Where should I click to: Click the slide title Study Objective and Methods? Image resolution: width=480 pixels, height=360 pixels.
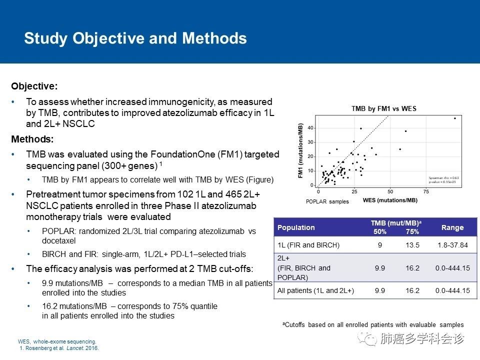coord(135,38)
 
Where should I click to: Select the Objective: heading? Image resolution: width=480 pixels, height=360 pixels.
coord(34,86)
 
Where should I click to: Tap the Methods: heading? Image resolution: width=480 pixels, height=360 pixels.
coord(32,138)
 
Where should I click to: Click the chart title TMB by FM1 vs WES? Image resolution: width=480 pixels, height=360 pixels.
coord(383,108)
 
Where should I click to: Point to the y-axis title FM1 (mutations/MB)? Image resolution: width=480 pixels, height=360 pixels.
coord(301,150)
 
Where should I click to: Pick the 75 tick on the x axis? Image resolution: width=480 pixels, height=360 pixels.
coord(426,191)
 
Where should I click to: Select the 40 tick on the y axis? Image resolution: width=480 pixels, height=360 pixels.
coord(310,128)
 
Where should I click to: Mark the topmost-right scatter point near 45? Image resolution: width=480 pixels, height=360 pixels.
coord(455,118)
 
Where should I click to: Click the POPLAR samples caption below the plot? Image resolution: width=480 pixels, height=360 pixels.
coord(327,201)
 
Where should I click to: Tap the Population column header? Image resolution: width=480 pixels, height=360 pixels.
coord(296,227)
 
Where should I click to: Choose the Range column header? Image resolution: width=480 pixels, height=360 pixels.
coord(452,227)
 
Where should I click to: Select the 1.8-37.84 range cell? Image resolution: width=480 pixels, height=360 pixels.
coord(452,245)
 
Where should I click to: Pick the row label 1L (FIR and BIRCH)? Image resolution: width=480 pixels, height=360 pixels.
coord(308,245)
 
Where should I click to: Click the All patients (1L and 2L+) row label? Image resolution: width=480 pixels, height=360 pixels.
coord(315,290)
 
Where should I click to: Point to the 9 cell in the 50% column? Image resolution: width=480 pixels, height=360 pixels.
coord(379,245)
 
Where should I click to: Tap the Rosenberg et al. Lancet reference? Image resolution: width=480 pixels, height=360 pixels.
coord(59,348)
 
